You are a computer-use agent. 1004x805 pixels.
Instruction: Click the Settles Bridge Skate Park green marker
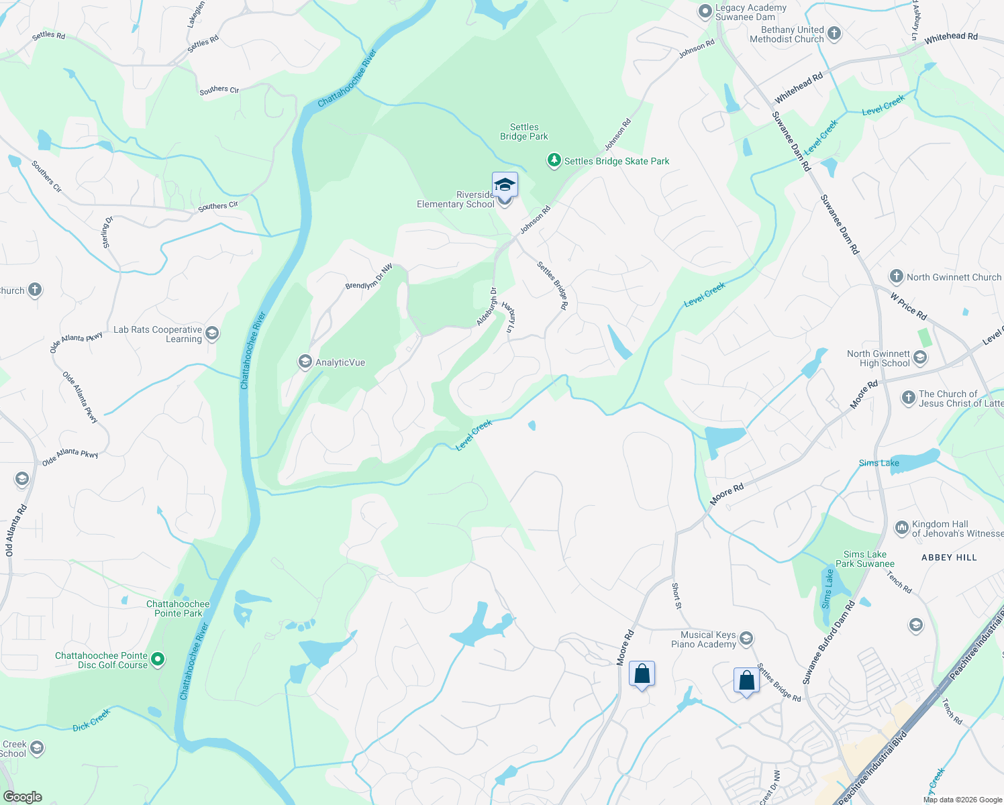point(554,161)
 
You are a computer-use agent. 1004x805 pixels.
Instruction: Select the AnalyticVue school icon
point(305,362)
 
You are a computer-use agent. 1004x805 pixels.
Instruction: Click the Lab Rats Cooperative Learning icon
point(212,333)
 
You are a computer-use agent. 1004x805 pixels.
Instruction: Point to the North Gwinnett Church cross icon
point(896,276)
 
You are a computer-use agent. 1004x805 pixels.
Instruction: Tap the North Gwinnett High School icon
point(920,358)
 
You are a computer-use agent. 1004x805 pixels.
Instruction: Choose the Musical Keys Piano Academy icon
point(746,639)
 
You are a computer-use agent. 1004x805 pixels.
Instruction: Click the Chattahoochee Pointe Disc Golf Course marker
point(158,659)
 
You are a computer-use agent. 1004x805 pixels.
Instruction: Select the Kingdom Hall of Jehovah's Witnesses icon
point(901,528)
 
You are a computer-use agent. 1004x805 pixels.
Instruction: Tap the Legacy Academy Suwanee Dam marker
point(705,11)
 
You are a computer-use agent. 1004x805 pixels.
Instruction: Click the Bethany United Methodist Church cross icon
point(834,34)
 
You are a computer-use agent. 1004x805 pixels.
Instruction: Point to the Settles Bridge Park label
point(524,131)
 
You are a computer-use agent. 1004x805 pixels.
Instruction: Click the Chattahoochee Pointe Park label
point(178,608)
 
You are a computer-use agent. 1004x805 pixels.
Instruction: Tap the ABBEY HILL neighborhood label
point(949,557)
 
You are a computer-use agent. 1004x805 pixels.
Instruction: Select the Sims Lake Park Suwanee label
point(865,559)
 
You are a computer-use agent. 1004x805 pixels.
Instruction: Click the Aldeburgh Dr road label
point(487,307)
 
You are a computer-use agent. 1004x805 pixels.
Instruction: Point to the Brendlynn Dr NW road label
point(369,277)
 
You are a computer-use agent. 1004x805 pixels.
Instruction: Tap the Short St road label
point(676,596)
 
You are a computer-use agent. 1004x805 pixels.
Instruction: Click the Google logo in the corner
point(22,797)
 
